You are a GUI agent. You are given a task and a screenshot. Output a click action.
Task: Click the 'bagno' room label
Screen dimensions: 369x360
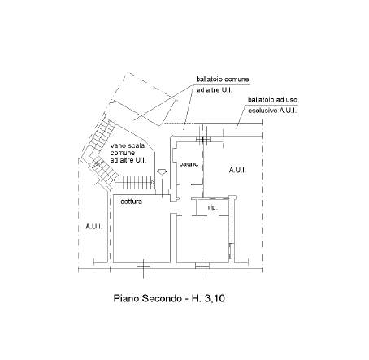[x=189, y=164]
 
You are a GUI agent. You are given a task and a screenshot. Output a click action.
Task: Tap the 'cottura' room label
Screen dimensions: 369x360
[x=131, y=202]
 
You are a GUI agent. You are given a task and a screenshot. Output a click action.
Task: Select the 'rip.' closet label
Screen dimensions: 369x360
[x=213, y=207]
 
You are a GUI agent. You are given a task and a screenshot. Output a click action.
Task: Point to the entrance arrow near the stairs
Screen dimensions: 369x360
[x=162, y=171]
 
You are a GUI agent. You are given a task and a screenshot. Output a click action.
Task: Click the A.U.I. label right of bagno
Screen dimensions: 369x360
[x=237, y=170]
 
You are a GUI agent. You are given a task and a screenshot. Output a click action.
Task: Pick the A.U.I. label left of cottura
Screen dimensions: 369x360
[x=94, y=226]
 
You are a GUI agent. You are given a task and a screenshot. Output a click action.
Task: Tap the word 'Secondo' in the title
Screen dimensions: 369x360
[x=162, y=298]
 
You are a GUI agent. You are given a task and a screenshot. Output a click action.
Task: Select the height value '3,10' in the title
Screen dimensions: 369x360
[x=215, y=298]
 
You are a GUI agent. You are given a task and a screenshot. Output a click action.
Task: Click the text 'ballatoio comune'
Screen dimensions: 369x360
[x=223, y=80]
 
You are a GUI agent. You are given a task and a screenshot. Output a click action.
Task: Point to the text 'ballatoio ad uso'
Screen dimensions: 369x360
[x=272, y=100]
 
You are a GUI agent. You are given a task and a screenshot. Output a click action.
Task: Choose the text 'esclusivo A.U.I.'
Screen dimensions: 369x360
[x=272, y=111]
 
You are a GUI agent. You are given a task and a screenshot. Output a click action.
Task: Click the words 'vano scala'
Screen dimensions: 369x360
[x=128, y=145]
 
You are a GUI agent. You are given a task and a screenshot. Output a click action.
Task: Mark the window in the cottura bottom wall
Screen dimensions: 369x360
[x=143, y=266]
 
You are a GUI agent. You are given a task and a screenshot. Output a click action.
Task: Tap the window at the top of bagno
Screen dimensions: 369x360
[x=203, y=139]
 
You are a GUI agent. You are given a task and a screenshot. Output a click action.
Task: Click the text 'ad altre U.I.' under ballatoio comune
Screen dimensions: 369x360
[x=215, y=90]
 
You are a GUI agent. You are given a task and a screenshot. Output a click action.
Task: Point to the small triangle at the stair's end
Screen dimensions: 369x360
[x=153, y=182]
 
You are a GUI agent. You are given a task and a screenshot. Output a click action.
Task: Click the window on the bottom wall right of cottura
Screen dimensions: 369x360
[x=202, y=266]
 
